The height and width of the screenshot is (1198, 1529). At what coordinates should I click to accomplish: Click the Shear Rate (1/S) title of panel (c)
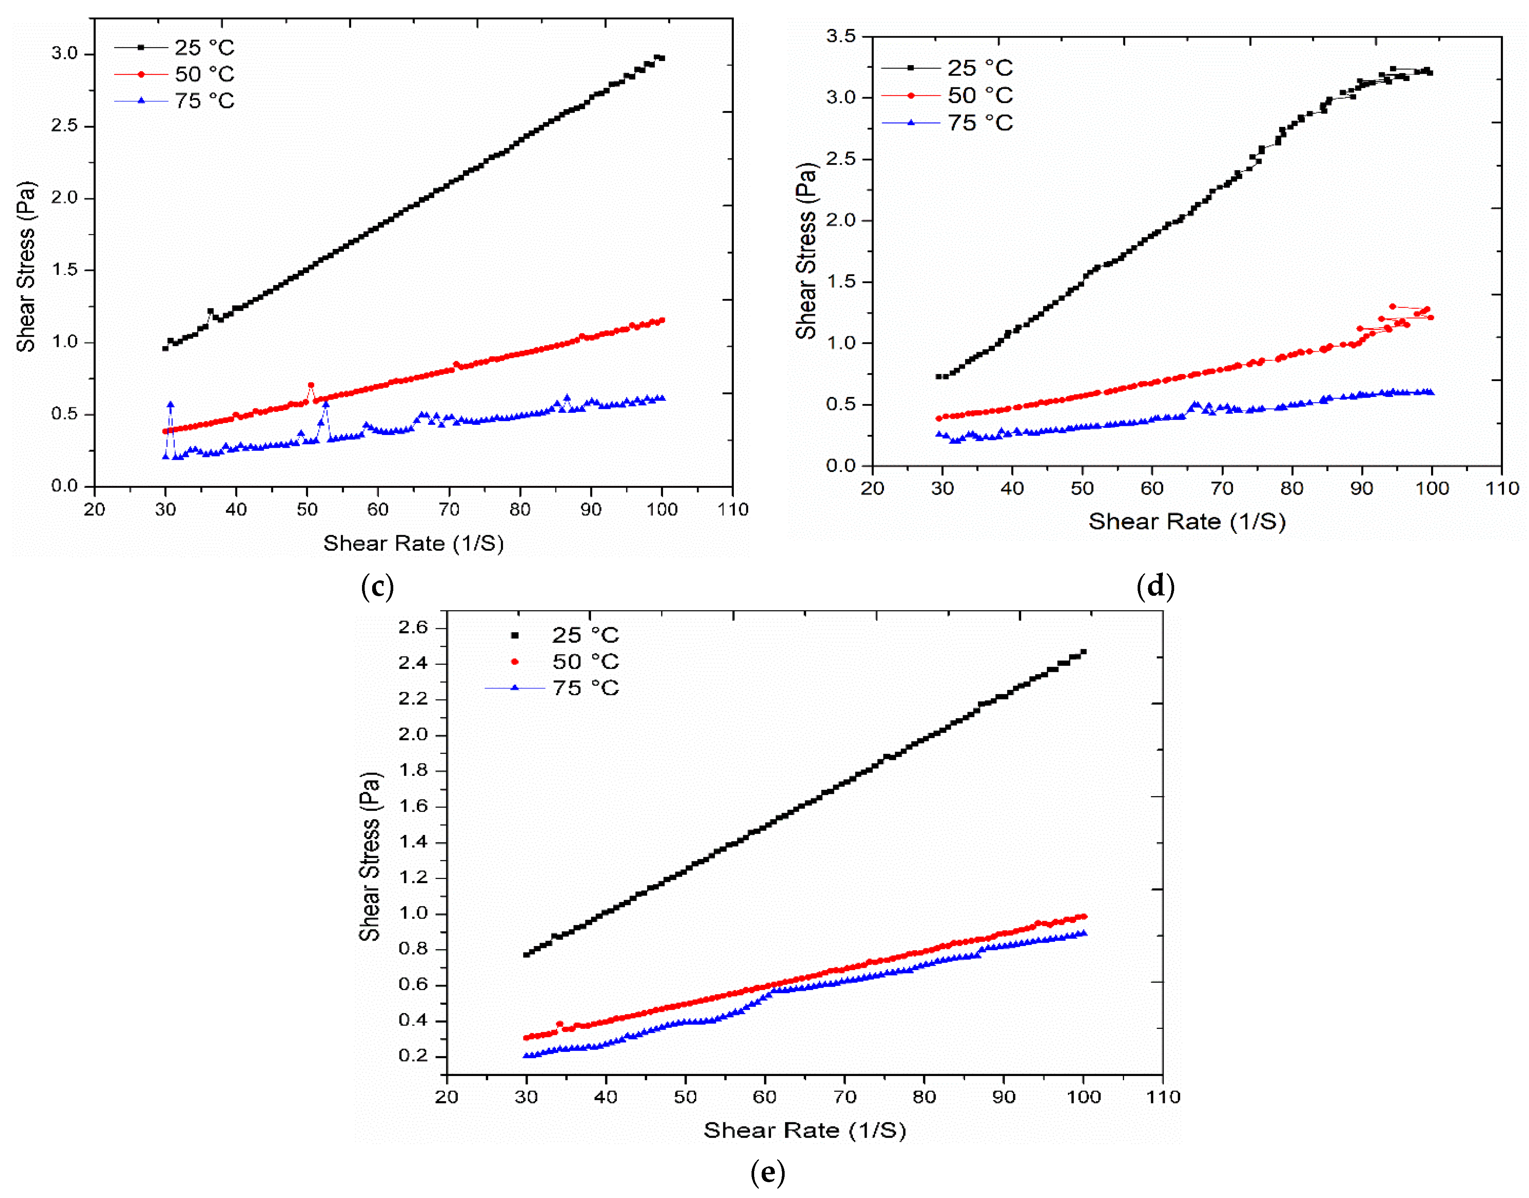[x=413, y=543]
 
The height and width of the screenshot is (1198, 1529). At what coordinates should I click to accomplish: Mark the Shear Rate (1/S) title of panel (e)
[x=805, y=1131]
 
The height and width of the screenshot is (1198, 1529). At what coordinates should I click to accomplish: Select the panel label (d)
[x=1155, y=586]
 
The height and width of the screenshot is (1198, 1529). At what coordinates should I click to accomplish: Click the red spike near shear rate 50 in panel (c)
[x=311, y=385]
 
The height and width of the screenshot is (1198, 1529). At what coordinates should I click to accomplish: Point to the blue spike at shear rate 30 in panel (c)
[x=170, y=405]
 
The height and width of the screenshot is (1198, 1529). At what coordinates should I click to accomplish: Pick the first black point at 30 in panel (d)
[x=938, y=377]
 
